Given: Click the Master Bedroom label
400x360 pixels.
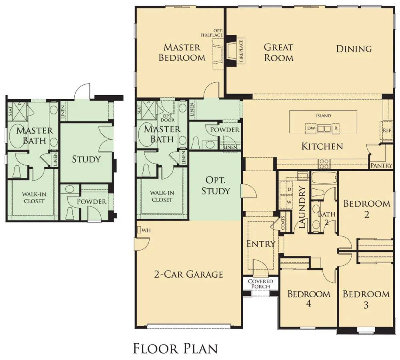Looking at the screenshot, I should click(182, 52).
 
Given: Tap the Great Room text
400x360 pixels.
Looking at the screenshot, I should click(278, 52).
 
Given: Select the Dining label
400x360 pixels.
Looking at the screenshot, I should click(354, 49).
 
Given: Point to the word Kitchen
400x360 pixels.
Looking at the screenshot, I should click(322, 146).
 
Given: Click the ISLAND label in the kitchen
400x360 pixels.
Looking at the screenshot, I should click(323, 116).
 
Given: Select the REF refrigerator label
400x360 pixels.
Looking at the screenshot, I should click(386, 130).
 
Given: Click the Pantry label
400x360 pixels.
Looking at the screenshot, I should click(382, 165).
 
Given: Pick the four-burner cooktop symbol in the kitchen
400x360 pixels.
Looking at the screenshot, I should click(324, 164).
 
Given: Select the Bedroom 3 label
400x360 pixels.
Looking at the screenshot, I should click(366, 299).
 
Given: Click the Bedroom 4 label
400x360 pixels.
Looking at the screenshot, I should click(309, 299).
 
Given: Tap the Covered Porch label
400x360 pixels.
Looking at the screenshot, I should click(260, 284).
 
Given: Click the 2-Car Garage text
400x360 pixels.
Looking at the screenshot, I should click(188, 274).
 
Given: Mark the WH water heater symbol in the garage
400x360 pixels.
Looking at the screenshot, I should click(139, 230).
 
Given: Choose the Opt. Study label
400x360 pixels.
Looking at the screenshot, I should click(216, 185).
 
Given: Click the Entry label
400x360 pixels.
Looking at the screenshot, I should click(261, 244).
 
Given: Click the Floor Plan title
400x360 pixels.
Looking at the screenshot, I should click(175, 348).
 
